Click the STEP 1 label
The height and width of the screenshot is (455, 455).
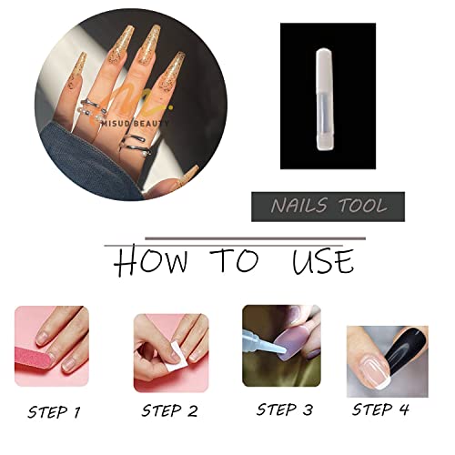[x=54, y=411]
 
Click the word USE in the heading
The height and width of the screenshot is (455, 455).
[x=322, y=262]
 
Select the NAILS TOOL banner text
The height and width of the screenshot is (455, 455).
[x=328, y=207]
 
